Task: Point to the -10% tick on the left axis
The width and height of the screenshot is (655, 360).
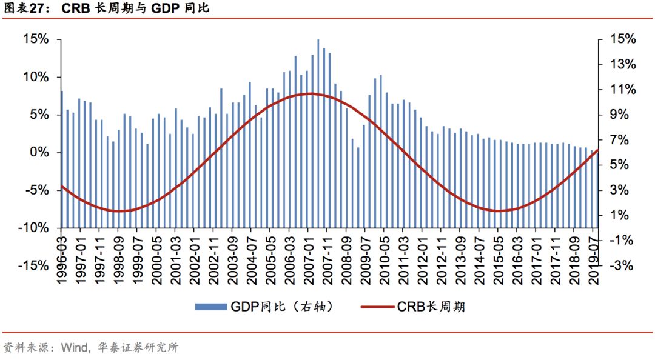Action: pyautogui.click(x=34, y=228)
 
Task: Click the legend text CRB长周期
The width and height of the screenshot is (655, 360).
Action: pyautogui.click(x=431, y=307)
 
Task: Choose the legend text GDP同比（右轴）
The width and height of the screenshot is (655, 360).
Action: pyautogui.click(x=282, y=307)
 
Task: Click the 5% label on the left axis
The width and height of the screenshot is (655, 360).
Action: pyautogui.click(x=36, y=115)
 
